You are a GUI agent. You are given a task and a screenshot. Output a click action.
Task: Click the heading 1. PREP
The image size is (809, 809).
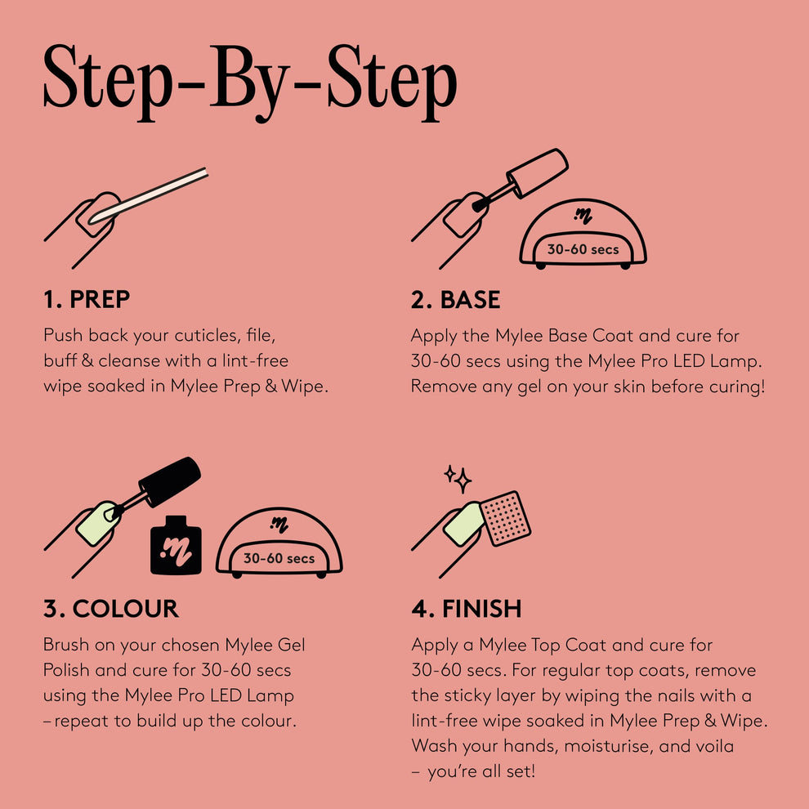[86, 300]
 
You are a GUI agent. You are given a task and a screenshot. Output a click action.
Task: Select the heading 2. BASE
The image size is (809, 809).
[455, 300]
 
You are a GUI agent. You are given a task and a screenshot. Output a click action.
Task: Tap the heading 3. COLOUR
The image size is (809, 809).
[110, 609]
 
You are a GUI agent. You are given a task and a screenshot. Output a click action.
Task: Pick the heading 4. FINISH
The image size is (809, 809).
[466, 609]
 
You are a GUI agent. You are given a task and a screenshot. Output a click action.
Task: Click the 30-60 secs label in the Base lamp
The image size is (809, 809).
[583, 249]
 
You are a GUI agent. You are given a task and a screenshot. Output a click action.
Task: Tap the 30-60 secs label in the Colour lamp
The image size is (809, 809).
[279, 559]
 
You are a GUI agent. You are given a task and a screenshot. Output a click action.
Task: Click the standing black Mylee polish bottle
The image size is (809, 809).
[176, 545]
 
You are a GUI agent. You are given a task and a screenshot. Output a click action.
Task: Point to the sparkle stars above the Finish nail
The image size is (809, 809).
[458, 478]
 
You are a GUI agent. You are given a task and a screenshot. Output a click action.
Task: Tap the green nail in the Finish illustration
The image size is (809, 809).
[463, 523]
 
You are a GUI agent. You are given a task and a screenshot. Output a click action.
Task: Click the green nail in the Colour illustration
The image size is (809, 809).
[96, 524]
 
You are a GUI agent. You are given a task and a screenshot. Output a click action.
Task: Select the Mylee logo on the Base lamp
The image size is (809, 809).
[583, 216]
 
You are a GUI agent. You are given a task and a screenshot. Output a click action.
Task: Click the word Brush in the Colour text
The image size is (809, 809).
[66, 645]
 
